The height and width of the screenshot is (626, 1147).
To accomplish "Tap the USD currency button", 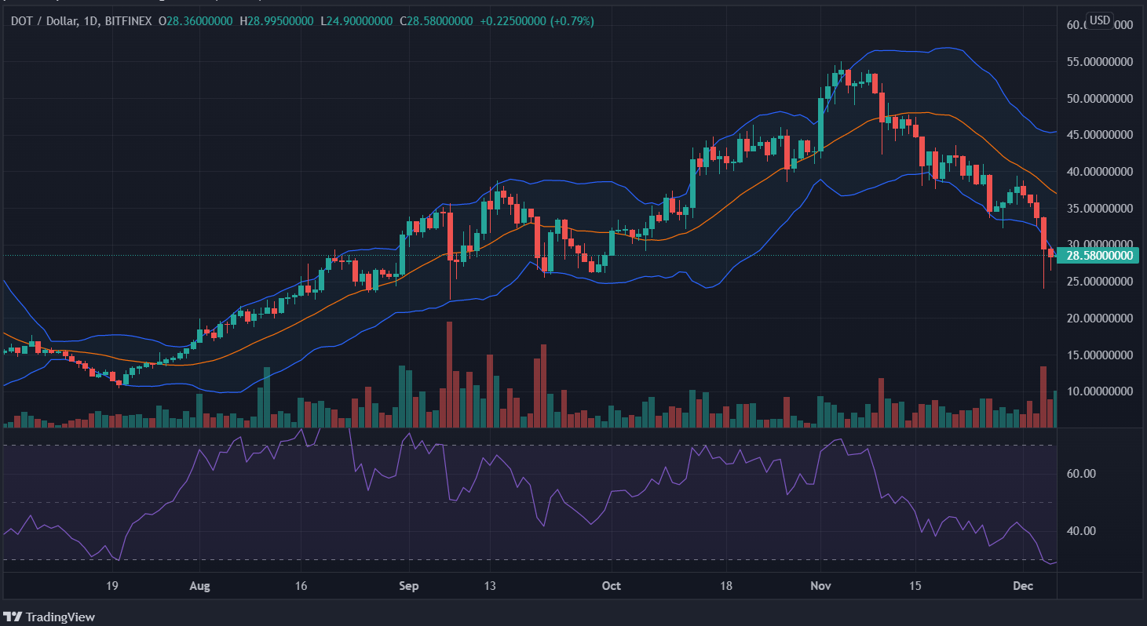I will point(1099,20).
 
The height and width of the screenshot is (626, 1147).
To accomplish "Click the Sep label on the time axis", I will point(408,585).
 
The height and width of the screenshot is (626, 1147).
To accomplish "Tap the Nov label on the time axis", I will point(821,585).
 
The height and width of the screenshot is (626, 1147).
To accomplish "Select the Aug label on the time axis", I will point(201,585).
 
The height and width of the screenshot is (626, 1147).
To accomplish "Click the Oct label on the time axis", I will point(611,585).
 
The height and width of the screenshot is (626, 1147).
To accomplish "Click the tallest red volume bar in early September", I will point(449,374).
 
